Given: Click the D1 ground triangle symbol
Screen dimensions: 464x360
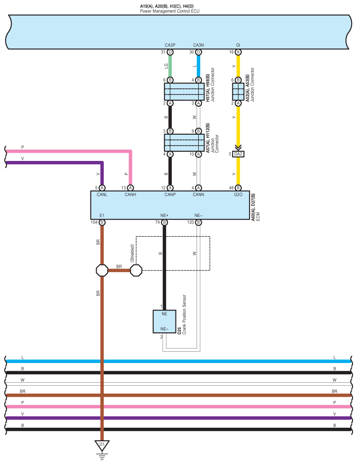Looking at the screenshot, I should click(x=102, y=445).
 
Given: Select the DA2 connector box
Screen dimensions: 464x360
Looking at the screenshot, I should click(x=238, y=154).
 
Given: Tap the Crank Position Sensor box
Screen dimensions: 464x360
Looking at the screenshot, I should click(x=164, y=321).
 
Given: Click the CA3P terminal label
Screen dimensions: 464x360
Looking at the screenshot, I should click(x=170, y=45).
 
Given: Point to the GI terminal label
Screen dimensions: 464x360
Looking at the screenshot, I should click(x=238, y=45).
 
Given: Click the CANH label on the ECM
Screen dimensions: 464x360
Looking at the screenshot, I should click(x=130, y=194).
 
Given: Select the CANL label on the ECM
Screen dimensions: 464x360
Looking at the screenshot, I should click(x=101, y=194).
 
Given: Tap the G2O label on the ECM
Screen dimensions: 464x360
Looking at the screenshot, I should click(x=238, y=194).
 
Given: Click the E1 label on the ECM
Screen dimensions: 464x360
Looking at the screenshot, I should click(x=102, y=215).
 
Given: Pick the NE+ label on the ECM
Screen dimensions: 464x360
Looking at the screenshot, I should click(x=164, y=215).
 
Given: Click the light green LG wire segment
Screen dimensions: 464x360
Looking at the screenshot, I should click(x=170, y=66).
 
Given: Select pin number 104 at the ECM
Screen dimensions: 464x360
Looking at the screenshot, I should click(x=94, y=223).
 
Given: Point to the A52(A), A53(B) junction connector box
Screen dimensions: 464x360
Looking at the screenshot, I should click(x=238, y=92).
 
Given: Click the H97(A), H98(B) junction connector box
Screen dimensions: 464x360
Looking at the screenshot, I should click(x=184, y=92).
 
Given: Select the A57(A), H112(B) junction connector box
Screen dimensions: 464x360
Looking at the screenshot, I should click(x=184, y=143).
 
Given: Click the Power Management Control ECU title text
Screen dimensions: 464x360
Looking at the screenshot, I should click(x=170, y=10).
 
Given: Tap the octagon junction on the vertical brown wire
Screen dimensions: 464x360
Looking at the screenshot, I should click(x=102, y=270).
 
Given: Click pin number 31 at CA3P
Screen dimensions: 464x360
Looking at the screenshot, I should click(x=163, y=52).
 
